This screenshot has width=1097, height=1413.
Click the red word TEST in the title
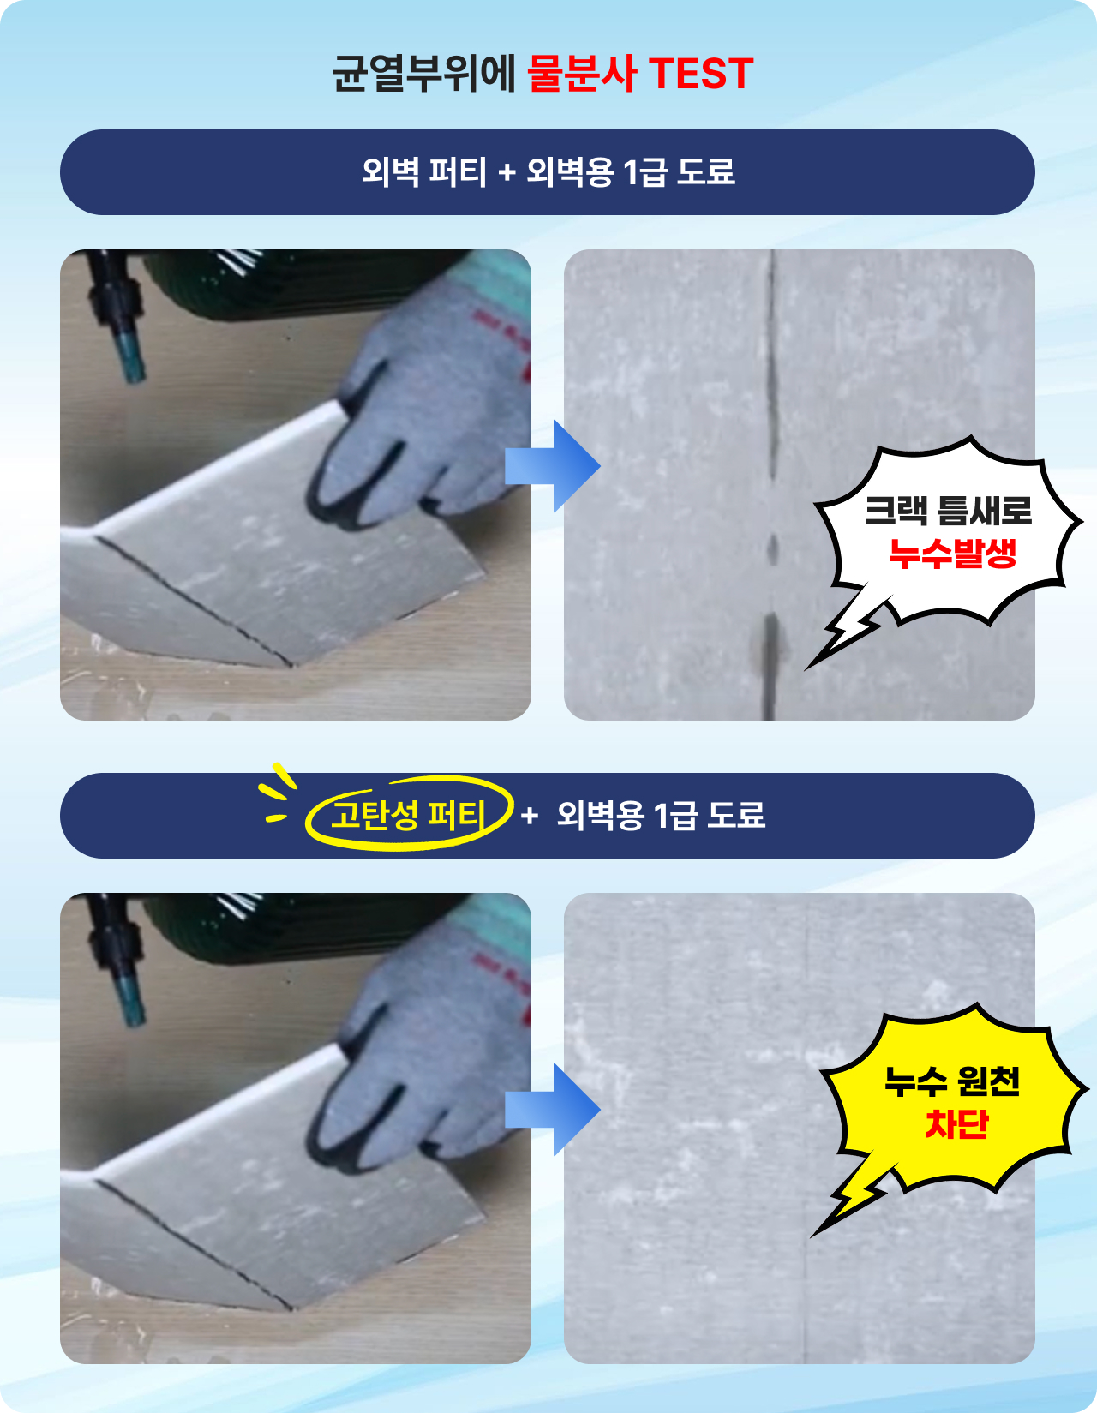[x=701, y=73]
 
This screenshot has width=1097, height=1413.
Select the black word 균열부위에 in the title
[x=424, y=73]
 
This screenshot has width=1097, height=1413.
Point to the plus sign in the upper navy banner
[x=507, y=173]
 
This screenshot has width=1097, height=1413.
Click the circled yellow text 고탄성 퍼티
[x=408, y=815]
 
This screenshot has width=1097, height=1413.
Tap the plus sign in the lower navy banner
[x=530, y=816]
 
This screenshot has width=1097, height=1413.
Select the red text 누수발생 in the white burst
[x=953, y=554]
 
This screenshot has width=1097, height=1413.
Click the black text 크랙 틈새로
[x=948, y=511]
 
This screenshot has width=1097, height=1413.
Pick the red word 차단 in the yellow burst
[x=956, y=1123]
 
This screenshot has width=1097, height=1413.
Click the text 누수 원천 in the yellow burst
[x=953, y=1081]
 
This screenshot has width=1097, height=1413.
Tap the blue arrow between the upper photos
[x=553, y=465]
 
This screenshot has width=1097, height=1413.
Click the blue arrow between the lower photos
[x=553, y=1110]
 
